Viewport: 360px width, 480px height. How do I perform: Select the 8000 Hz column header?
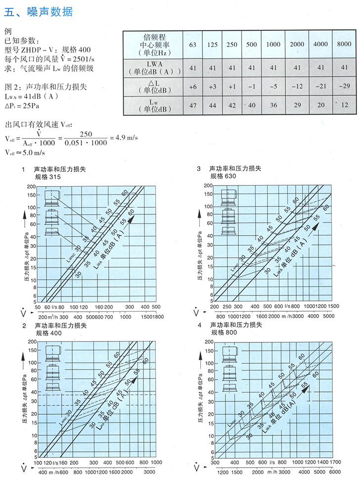click(344, 44)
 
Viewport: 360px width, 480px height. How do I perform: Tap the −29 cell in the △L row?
click(344, 86)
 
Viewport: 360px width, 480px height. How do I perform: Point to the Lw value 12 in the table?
click(344, 105)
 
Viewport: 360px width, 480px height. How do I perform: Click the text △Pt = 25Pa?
click(22, 105)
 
